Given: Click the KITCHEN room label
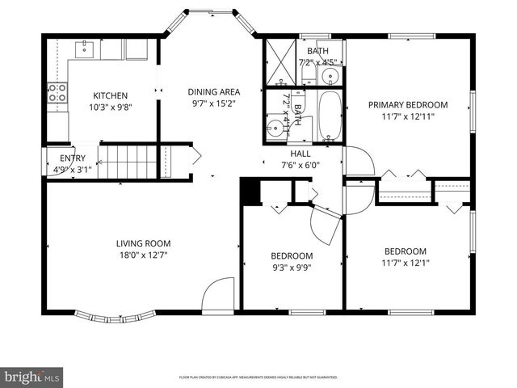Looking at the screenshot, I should (x=111, y=95).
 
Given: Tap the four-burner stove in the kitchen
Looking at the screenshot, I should (x=57, y=93).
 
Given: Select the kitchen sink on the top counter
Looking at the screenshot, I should (x=86, y=49).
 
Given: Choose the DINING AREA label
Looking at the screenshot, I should (x=213, y=91).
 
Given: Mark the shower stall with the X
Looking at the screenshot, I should (x=280, y=61).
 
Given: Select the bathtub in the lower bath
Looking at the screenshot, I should (x=331, y=116).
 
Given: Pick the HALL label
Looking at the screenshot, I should (x=301, y=153).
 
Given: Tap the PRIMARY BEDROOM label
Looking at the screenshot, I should (x=408, y=104).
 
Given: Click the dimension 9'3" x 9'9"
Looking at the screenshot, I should (x=291, y=268).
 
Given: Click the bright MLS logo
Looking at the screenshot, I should (x=32, y=377).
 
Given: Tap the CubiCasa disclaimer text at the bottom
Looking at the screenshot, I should (x=258, y=377).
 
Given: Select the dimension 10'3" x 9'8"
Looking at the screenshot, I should (x=111, y=106).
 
